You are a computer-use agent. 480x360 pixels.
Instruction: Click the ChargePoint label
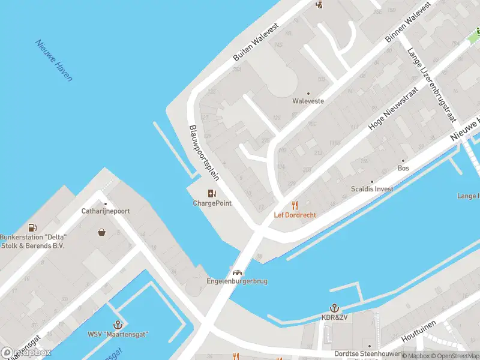(212, 203)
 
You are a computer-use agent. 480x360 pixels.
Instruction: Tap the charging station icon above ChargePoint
(212, 193)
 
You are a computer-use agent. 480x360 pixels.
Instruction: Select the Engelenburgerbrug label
(236, 281)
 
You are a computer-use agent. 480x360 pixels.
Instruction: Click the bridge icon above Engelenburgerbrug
(237, 271)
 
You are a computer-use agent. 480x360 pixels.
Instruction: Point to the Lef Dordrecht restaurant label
(295, 215)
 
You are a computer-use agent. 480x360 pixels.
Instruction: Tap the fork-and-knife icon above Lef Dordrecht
(295, 205)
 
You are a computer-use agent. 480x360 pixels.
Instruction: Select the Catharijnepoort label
(106, 211)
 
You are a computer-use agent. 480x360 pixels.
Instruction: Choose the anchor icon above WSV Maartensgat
(118, 324)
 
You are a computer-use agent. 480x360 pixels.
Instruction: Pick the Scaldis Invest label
(372, 189)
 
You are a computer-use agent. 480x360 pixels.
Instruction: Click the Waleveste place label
(308, 101)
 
